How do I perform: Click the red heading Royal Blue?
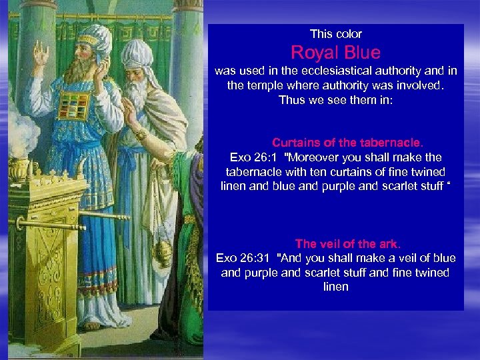tap(335, 53)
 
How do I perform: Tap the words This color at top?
tap(336, 33)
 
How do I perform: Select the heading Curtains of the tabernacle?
tap(347, 143)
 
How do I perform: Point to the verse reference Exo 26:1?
tap(253, 157)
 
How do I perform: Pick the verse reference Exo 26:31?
tap(243, 258)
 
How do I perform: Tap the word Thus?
tap(291, 101)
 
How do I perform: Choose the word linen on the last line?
tap(336, 287)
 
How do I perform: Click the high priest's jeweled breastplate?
tap(74, 104)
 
